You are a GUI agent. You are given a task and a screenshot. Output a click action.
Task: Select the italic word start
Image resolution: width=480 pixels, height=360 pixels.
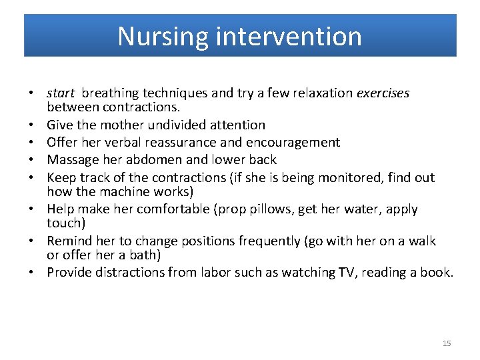[61, 93]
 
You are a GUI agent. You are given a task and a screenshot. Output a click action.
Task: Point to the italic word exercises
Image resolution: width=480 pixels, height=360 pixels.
[383, 93]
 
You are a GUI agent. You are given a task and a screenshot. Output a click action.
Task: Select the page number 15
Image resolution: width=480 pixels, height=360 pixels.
[447, 343]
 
